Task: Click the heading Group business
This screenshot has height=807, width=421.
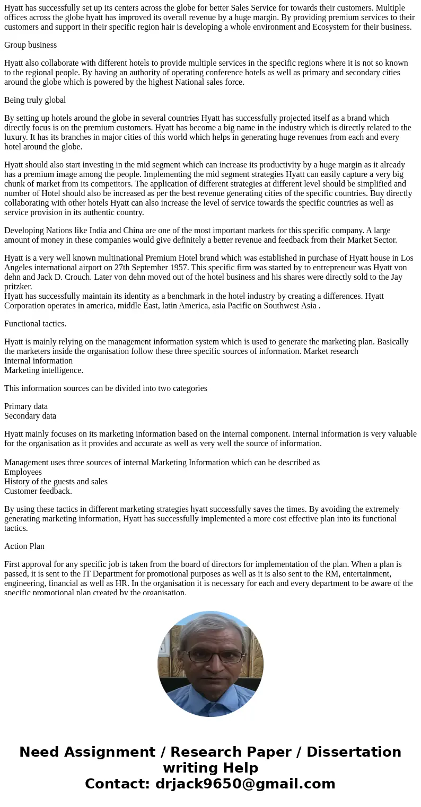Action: pos(30,45)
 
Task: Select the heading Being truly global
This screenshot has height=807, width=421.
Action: pos(35,100)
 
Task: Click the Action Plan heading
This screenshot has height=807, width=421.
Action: pos(24,546)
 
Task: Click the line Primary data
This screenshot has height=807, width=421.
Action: pos(26,406)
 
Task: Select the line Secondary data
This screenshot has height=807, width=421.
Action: pos(30,416)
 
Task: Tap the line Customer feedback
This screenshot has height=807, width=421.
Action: pos(38,491)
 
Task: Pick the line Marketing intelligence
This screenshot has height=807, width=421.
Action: pos(43,370)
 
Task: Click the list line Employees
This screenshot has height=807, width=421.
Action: pos(23,472)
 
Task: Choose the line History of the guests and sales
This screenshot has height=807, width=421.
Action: pos(56,482)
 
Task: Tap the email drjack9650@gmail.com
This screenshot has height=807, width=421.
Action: pos(245,784)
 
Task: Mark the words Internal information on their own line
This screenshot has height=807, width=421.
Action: pos(38,361)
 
